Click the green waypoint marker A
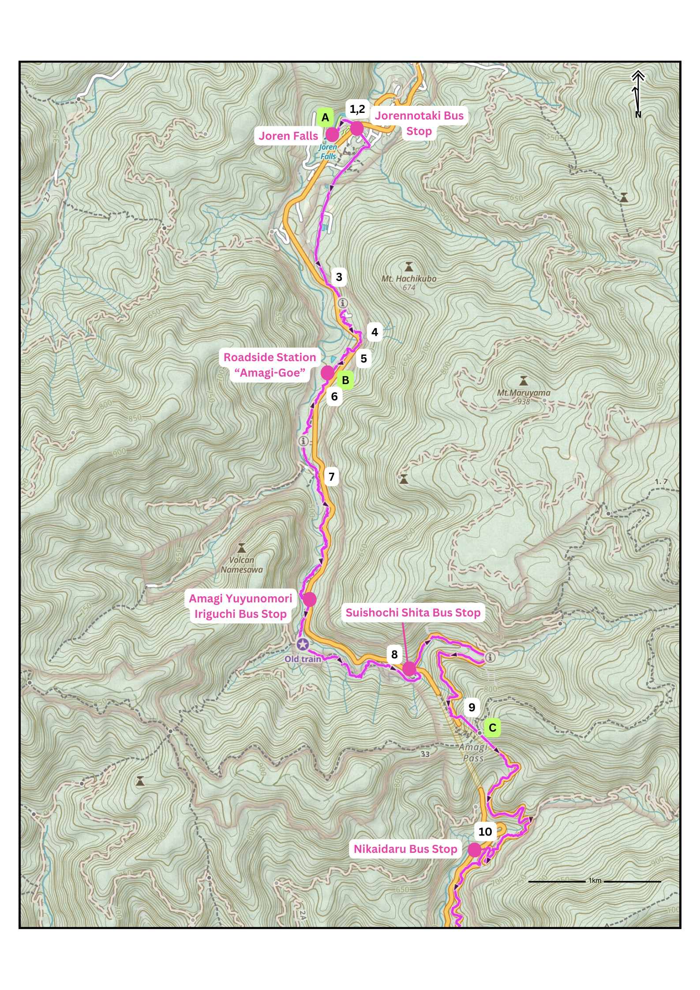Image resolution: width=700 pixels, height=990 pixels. (325, 118)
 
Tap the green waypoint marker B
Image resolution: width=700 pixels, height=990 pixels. (345, 380)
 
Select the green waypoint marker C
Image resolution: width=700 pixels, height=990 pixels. (492, 728)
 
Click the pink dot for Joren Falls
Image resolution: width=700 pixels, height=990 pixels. (332, 135)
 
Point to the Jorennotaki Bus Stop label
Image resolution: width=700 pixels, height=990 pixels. (419, 123)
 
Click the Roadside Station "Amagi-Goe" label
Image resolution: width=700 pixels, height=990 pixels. (270, 365)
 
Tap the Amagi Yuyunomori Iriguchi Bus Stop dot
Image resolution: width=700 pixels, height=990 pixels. (310, 599)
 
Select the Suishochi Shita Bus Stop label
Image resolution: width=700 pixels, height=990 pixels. (413, 613)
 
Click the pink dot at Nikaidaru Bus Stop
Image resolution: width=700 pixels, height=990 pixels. (475, 849)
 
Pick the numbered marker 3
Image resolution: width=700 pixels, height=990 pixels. (339, 277)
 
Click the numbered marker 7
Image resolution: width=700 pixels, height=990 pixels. (332, 477)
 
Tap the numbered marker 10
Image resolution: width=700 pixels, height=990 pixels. (485, 832)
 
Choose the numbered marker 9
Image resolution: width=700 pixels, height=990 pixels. (472, 707)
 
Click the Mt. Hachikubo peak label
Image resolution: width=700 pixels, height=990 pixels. (409, 279)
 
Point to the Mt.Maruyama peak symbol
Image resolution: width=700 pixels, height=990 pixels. (524, 381)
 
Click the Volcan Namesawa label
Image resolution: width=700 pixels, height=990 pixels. (241, 565)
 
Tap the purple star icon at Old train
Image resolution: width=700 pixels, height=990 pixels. (302, 644)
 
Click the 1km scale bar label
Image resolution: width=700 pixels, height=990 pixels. (595, 881)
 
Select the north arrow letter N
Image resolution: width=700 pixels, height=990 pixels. (638, 115)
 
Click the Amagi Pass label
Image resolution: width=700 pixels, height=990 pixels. (473, 752)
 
